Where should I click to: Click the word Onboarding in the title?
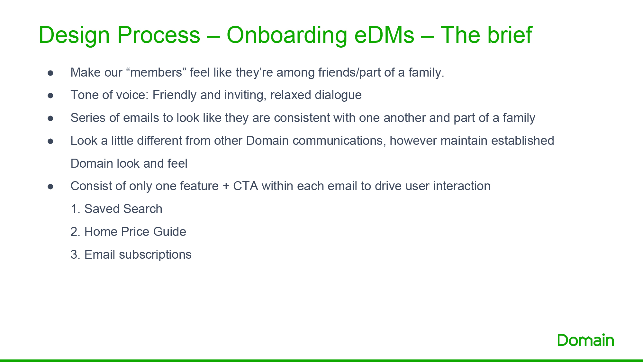(x=287, y=35)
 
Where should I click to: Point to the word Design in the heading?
(x=74, y=35)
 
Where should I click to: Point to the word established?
(x=523, y=141)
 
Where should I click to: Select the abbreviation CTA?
(x=246, y=186)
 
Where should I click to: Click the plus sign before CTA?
(x=226, y=186)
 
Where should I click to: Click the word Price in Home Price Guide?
(x=135, y=232)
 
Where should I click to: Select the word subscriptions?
(x=155, y=255)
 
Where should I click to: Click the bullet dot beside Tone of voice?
(x=50, y=96)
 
